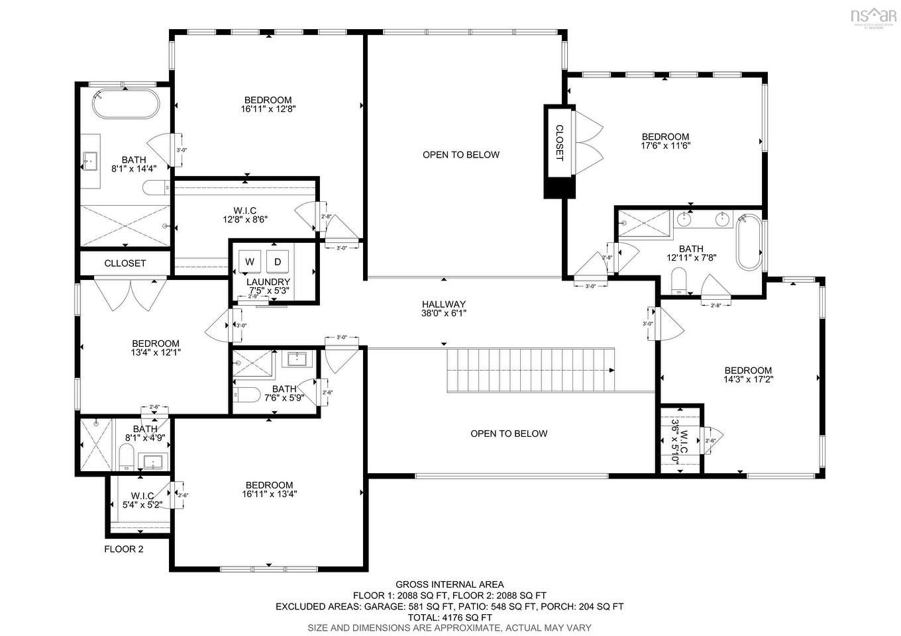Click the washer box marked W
pos(250,261)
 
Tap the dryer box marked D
pos(278,261)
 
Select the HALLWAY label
pos(444,304)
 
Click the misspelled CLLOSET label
pos(125,263)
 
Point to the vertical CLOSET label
pos(558,142)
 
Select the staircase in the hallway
pos(530,371)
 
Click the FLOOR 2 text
pos(124,549)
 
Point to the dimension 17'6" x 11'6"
pos(665,146)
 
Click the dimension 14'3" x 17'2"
pos(748,379)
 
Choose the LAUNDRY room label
pos(268,282)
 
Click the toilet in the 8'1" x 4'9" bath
pos(127,457)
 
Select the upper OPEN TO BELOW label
pos(461,155)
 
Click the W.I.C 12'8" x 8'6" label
pos(244,215)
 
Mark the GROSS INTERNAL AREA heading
pos(449,584)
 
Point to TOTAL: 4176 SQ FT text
pos(449,617)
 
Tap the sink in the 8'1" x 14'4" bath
pos(90,159)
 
